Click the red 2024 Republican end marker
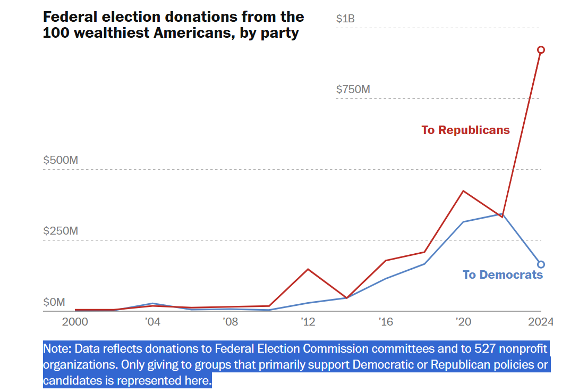tap(541, 50)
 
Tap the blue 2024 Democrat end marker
tap(541, 264)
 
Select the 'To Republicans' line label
tap(465, 130)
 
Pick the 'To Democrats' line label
tap(503, 274)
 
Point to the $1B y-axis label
tap(345, 19)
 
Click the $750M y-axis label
tap(353, 89)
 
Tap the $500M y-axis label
tap(61, 160)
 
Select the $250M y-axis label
tap(61, 231)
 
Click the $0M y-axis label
tap(54, 302)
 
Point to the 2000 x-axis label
tap(75, 322)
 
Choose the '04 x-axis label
tap(152, 322)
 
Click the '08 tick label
tap(230, 322)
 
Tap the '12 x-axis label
tap(308, 322)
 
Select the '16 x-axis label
tap(385, 322)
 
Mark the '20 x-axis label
tap(463, 322)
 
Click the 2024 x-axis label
tap(540, 322)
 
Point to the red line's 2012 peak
tap(308, 269)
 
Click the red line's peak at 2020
tap(463, 191)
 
